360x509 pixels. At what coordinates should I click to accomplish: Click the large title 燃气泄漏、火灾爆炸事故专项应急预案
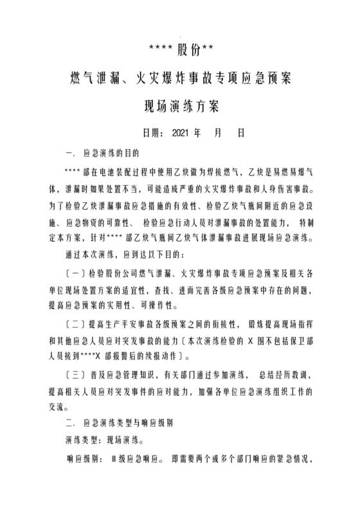coord(179,79)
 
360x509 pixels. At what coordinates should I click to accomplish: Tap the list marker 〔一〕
coord(74,274)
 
